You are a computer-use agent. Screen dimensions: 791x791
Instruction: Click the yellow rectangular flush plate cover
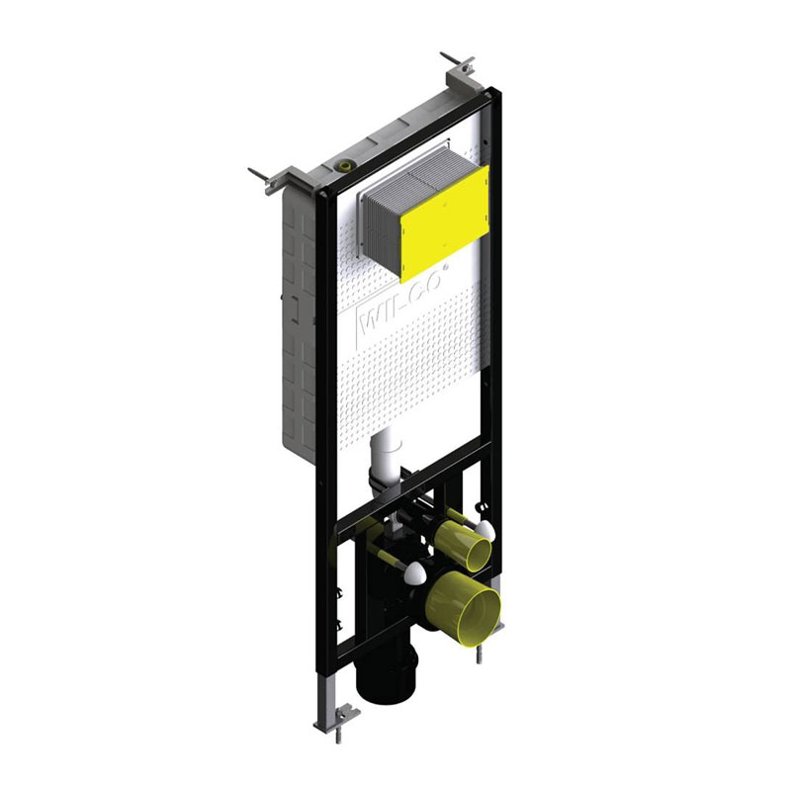tap(445, 222)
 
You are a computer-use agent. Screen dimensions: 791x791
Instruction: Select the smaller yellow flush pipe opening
tap(463, 546)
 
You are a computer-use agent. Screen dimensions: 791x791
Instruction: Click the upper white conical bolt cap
tap(484, 530)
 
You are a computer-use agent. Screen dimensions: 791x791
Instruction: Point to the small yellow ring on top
tap(345, 165)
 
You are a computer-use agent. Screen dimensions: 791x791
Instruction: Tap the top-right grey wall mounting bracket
tap(460, 73)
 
